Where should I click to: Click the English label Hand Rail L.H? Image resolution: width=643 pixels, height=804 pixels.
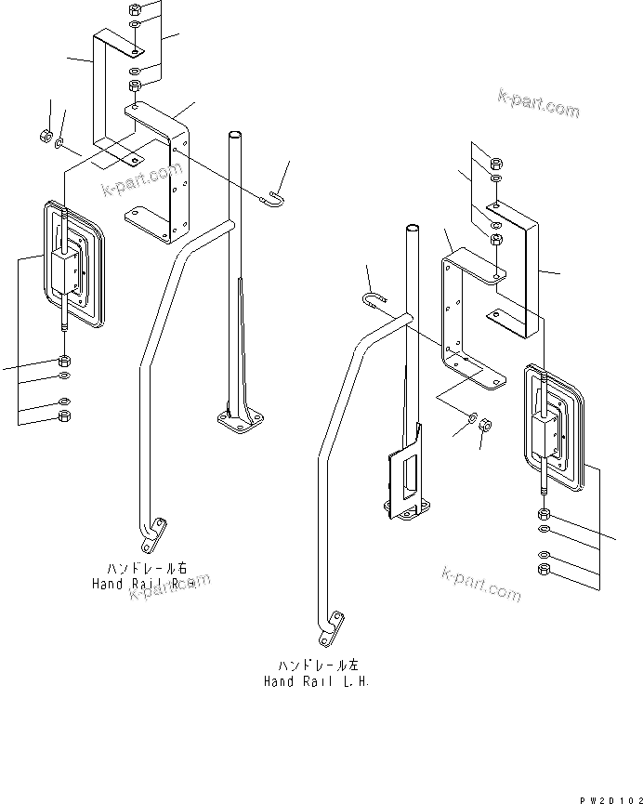[x=316, y=681]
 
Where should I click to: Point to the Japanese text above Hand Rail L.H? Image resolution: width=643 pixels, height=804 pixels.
[x=316, y=666]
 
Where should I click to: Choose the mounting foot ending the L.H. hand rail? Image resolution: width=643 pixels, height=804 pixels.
[x=330, y=629]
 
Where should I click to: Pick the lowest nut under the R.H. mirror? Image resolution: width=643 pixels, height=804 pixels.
[x=63, y=415]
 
